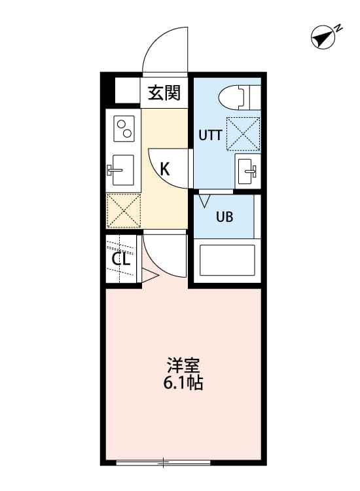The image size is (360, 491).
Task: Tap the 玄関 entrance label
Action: point(164,94)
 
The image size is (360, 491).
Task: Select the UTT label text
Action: point(210,136)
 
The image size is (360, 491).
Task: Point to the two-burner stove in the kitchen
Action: point(124,128)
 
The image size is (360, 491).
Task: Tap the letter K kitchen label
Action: point(165,169)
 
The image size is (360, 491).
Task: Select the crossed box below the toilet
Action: point(243,133)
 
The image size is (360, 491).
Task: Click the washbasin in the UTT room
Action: point(247,172)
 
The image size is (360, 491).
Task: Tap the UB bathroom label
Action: point(225,217)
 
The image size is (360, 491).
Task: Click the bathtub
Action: point(226,260)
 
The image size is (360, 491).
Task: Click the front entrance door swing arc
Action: point(165,49)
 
